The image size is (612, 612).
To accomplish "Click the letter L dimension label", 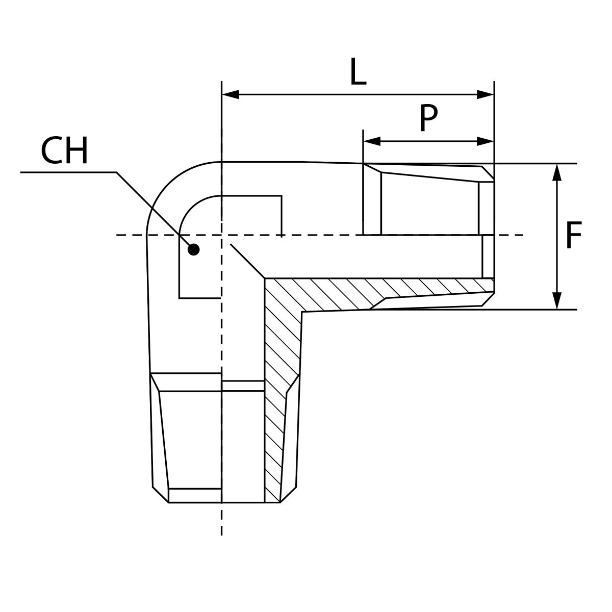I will [x=358, y=72].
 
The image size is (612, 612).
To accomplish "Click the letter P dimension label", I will [x=428, y=118].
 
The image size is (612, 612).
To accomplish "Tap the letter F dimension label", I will [x=574, y=235].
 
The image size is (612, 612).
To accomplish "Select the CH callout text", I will [x=64, y=151].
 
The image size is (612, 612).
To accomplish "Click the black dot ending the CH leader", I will [x=193, y=249].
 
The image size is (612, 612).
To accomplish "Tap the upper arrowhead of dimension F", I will [x=557, y=172].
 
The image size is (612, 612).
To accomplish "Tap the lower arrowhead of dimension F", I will [x=557, y=301].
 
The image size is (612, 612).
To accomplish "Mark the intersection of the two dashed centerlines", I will [x=221, y=235].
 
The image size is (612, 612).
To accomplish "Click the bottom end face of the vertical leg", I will [x=224, y=502].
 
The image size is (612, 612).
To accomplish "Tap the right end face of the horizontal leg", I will [x=494, y=235].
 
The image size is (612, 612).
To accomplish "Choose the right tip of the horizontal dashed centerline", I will [x=522, y=235].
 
